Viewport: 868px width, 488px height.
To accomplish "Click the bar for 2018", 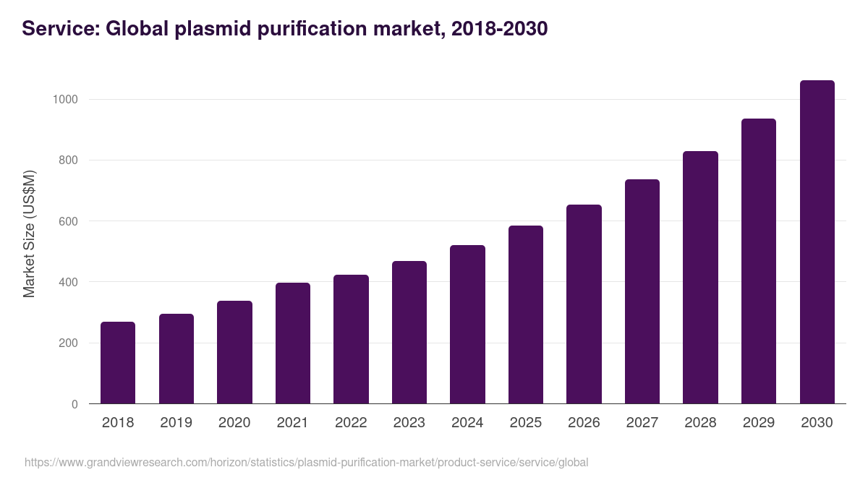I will [x=118, y=363].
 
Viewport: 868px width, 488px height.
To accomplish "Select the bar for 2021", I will [x=293, y=343].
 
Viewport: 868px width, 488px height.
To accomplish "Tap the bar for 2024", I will [x=467, y=325].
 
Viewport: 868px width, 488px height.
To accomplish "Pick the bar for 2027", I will [x=642, y=291].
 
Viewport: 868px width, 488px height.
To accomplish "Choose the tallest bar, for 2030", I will [x=817, y=242].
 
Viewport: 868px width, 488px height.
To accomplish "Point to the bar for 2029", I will [x=759, y=261].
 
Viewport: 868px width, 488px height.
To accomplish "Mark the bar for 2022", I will [x=351, y=339].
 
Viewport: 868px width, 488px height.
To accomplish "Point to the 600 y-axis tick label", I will [x=68, y=221].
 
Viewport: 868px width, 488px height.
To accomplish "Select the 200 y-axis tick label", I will [x=68, y=343].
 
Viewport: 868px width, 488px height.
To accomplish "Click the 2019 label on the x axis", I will [x=176, y=423].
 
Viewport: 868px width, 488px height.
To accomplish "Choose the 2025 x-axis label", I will [x=525, y=423].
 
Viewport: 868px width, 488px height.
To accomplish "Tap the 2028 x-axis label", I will [x=700, y=423].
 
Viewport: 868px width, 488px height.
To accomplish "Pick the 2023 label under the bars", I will [x=409, y=423].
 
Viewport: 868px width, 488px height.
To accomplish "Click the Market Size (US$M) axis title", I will [x=29, y=234].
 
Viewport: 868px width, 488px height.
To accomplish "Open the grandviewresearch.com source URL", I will [x=307, y=462].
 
